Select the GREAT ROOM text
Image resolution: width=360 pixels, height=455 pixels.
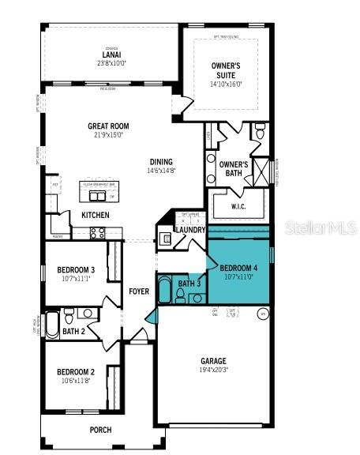pos(108,126)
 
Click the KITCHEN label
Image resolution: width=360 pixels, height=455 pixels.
pos(96,215)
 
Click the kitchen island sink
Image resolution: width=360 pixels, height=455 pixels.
pos(98,196)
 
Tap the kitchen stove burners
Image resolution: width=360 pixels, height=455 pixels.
pos(98,232)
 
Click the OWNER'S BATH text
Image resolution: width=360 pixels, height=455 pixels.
pos(234,168)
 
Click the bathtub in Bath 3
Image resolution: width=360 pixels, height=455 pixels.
pos(164,291)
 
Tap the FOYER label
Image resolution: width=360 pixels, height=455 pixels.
pos(139,291)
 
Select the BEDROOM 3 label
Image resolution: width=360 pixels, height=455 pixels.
pos(76,270)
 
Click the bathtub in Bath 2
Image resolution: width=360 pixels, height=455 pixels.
pos(51,324)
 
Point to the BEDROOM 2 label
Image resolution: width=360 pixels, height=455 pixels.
pos(75,371)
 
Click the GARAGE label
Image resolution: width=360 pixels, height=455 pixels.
pos(212,360)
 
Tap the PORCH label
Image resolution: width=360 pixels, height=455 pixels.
pos(100,430)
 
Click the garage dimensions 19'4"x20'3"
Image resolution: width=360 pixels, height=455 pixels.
pos(212,369)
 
